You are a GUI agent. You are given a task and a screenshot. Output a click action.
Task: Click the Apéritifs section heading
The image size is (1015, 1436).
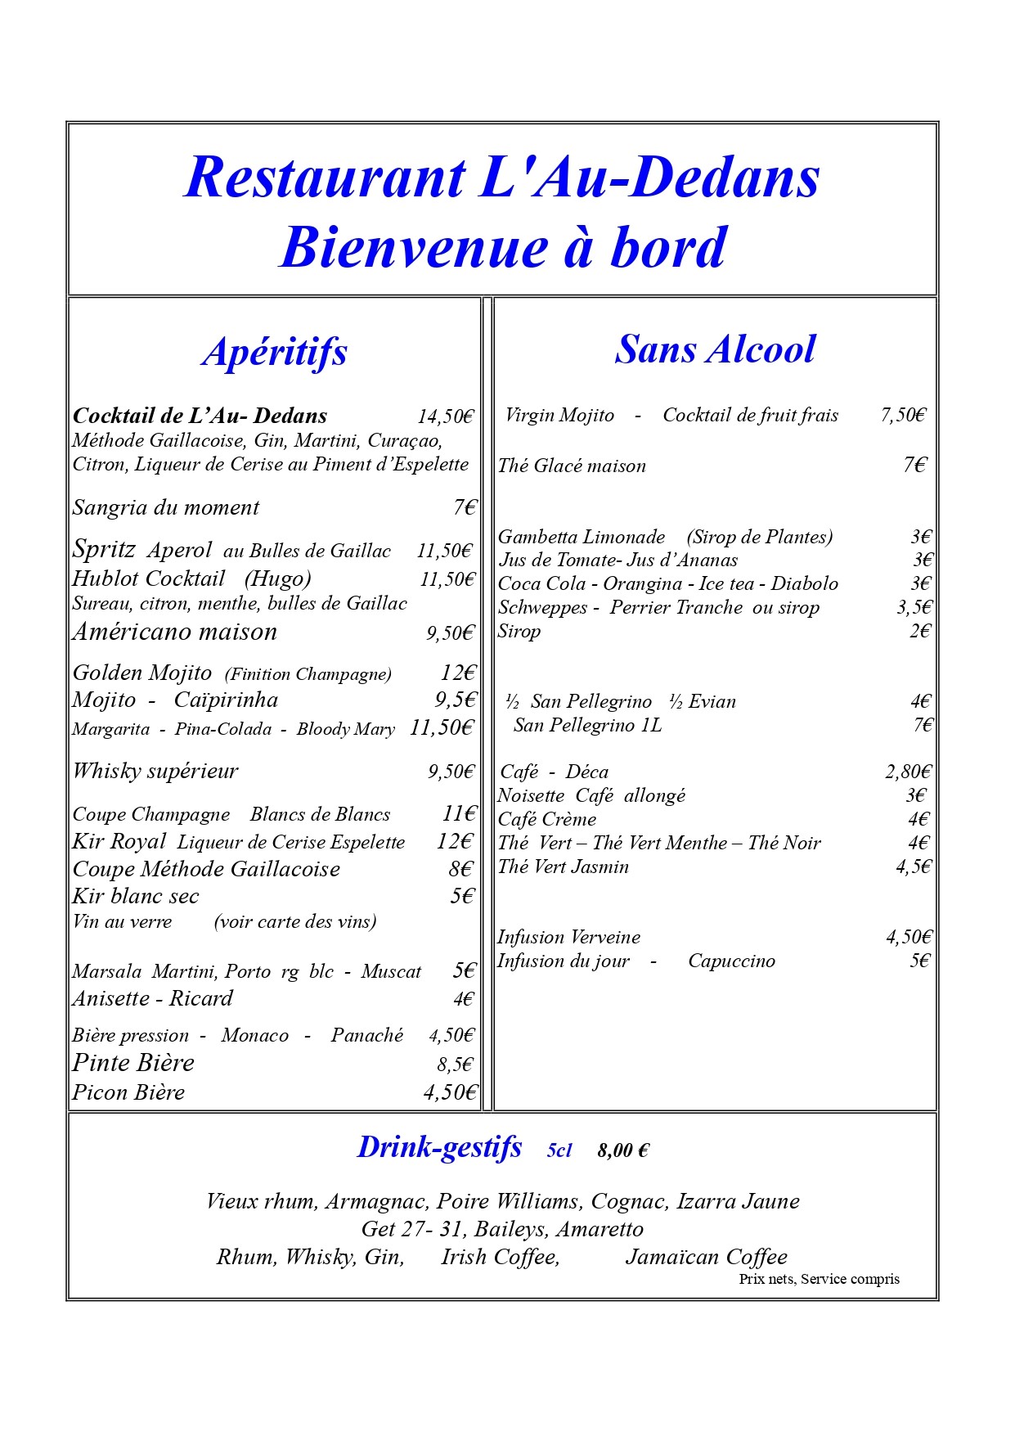point(275,352)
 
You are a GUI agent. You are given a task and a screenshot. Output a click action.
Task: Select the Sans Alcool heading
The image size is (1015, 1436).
point(715,349)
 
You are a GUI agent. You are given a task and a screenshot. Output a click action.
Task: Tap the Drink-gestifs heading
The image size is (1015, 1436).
point(439,1147)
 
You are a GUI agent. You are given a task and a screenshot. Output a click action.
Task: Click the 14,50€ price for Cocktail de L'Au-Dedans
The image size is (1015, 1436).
point(445,416)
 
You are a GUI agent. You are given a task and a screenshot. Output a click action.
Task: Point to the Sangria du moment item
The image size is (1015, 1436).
point(165,507)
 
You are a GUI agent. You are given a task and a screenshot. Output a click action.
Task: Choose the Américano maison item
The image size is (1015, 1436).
point(175,632)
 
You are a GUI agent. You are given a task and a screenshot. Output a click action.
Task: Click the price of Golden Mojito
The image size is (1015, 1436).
point(457,673)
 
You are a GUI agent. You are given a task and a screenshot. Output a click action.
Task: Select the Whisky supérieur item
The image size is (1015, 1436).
point(155,771)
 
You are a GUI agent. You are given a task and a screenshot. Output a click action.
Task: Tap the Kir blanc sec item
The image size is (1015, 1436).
point(136,896)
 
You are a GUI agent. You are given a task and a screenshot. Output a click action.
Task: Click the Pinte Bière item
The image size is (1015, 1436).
point(133,1063)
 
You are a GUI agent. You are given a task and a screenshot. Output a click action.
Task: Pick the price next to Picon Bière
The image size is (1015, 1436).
point(449,1092)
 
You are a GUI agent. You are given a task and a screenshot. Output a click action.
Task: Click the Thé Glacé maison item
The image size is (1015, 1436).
point(572,466)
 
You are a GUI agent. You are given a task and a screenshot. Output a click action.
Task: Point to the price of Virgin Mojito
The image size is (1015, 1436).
point(903,415)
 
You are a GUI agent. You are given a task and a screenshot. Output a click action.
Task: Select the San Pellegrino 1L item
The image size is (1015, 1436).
point(587,725)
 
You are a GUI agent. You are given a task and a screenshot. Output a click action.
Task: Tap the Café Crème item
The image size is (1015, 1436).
point(547,819)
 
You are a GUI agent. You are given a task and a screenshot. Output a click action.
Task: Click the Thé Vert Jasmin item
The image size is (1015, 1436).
point(564,867)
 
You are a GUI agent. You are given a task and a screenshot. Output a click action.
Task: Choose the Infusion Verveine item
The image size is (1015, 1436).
point(568,937)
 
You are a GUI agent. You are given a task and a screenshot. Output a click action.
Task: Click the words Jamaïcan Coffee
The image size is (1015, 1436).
point(706,1257)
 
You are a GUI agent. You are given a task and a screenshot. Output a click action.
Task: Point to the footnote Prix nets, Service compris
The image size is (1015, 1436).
point(819,1279)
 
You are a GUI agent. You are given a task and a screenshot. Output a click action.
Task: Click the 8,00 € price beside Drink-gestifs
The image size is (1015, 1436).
point(623,1150)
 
